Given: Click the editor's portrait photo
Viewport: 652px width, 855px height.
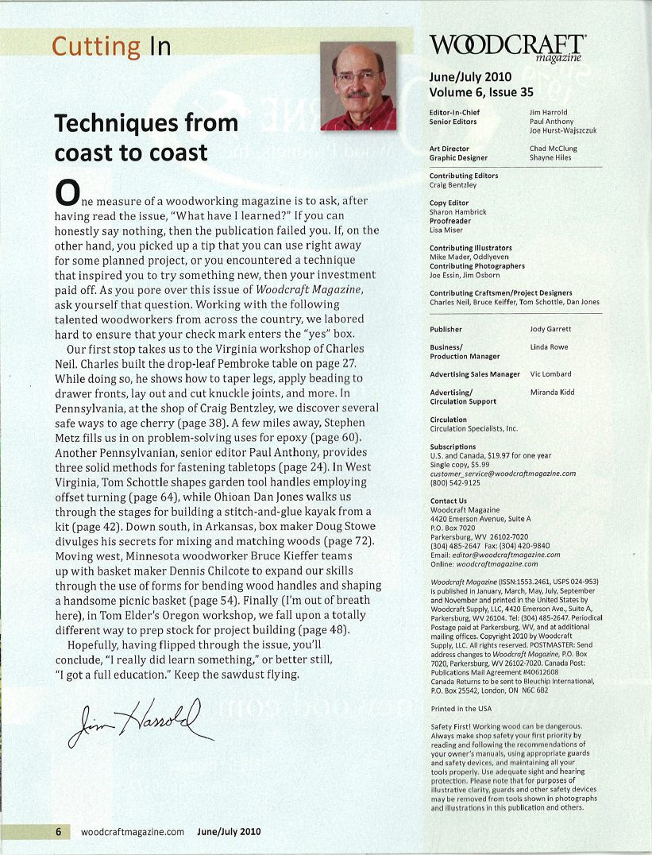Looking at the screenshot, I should tap(357, 85).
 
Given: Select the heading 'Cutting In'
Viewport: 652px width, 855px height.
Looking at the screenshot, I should tap(111, 46).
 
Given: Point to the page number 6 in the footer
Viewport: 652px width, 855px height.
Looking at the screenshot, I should tap(58, 832).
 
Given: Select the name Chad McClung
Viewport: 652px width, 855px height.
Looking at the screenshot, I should tap(553, 149).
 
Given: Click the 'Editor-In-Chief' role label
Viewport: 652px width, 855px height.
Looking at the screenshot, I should tap(453, 113).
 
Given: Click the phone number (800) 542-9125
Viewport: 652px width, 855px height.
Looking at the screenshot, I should tap(457, 482).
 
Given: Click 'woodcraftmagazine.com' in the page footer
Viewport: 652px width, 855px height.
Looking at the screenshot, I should tap(133, 832).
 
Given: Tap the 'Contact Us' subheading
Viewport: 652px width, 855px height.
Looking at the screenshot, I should tap(448, 501).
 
